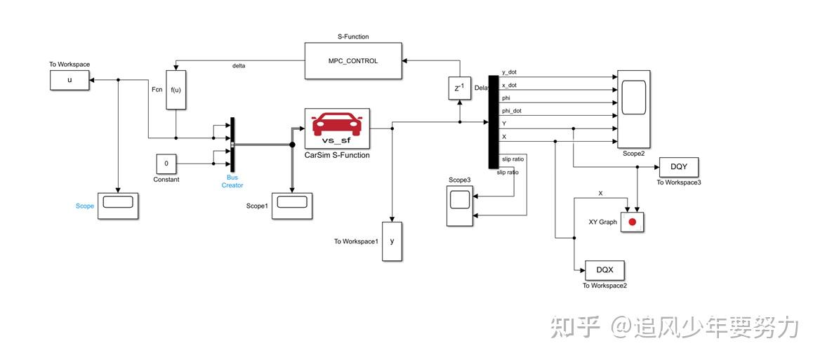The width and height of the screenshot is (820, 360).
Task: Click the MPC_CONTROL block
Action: coord(353,61)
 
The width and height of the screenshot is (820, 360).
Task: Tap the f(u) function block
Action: coord(176,90)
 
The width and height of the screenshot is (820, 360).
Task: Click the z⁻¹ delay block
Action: coord(459,88)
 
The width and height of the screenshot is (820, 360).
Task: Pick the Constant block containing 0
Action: coord(166,164)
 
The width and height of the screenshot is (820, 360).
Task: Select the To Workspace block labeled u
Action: coord(70,80)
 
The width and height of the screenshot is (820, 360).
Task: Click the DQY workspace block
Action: coord(678,167)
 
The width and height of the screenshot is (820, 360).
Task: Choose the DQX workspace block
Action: coord(604,269)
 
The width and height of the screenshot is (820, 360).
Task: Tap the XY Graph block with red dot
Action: coord(632,222)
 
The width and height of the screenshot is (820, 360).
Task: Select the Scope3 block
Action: coord(460,206)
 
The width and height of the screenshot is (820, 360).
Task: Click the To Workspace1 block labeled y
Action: coord(392,241)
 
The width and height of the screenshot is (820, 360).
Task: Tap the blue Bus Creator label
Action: coord(232,181)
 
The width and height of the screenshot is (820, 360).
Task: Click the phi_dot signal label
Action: coord(512,111)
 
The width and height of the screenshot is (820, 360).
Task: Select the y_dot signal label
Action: coord(510,72)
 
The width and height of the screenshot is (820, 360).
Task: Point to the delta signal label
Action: coord(239,66)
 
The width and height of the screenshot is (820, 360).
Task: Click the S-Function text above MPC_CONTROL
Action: coord(353,36)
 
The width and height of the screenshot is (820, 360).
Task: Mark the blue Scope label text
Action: coord(85,206)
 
